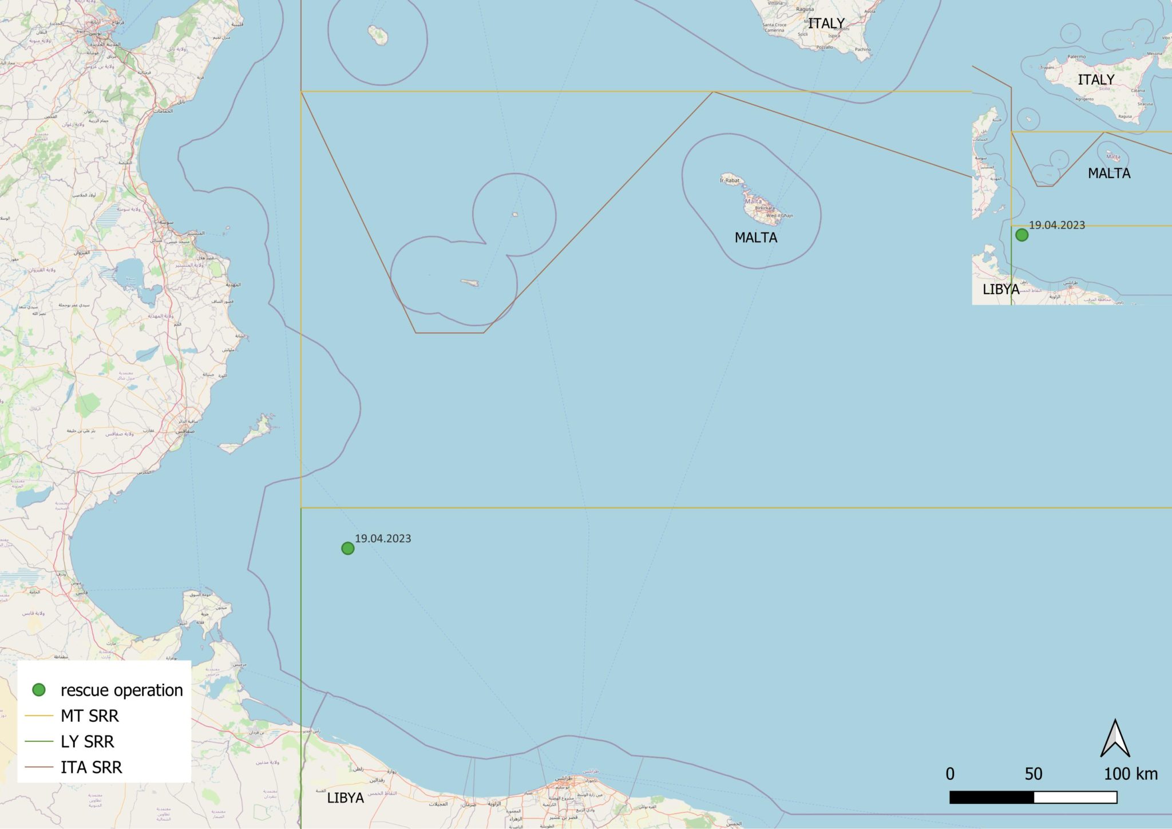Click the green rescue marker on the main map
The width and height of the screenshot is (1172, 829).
pos(347,548)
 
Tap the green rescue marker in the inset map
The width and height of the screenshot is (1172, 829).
pos(1021,235)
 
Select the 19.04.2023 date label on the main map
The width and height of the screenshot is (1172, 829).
pos(383,539)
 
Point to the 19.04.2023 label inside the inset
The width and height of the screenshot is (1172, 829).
pos(1057,226)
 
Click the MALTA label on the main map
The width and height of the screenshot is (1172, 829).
pos(755,238)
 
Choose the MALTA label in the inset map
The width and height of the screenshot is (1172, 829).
pos(1108,173)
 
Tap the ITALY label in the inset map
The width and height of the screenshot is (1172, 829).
pos(1096,80)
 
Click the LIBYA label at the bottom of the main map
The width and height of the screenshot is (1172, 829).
pos(345,798)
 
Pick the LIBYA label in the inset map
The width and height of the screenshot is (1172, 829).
pos(1000,290)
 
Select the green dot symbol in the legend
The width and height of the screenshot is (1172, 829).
pos(39,690)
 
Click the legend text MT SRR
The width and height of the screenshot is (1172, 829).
pos(90,716)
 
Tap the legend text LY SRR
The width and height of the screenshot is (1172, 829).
pos(88,742)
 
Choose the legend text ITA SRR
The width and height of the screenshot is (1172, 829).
pos(92,768)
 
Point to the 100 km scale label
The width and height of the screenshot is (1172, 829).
pos(1130,774)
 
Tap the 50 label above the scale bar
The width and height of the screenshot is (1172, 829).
pos(1034,774)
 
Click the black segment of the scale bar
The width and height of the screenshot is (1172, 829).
pos(992,798)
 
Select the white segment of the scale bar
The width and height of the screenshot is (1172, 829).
pos(1075,798)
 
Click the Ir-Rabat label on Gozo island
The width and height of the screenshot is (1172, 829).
pos(730,180)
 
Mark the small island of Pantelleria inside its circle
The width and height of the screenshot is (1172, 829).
pos(378,35)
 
